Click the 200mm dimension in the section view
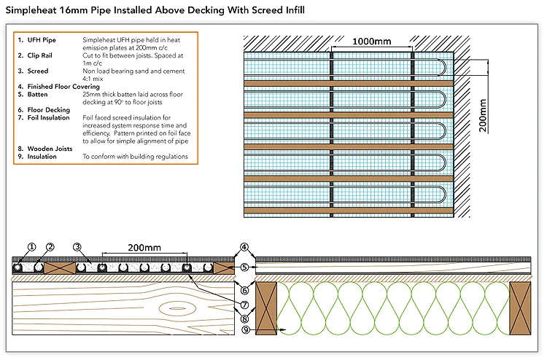coord(143,248)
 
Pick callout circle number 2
coord(50,246)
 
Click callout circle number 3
coord(77,246)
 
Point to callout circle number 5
coord(244,267)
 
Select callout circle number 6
coord(244,290)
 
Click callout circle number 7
coord(244,305)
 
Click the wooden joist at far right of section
coord(521,309)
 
